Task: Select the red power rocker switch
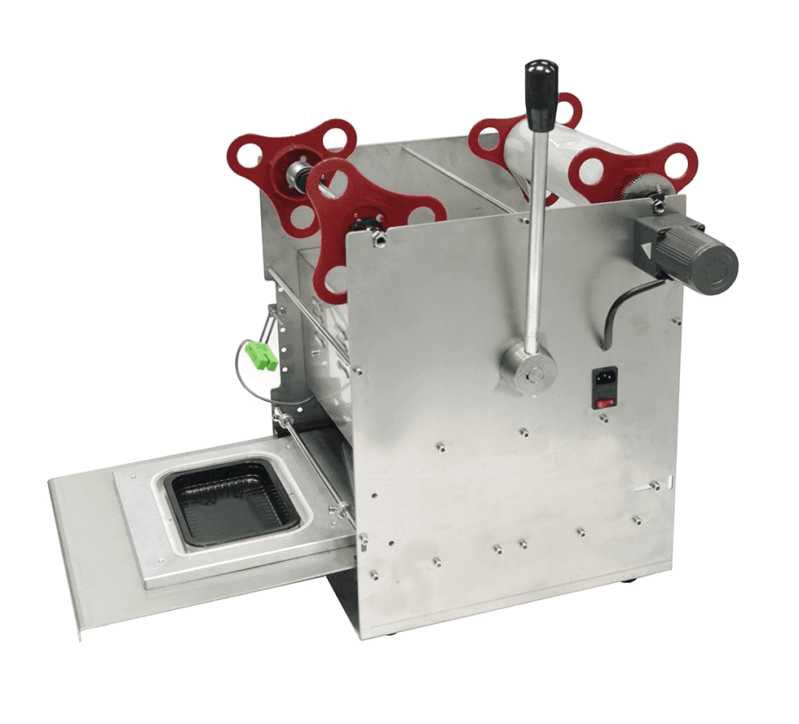pyautogui.click(x=604, y=400)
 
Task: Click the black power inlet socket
pyautogui.click(x=604, y=381)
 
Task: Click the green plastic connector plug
pyautogui.click(x=261, y=355)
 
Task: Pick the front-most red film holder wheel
pyautogui.click(x=359, y=216)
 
